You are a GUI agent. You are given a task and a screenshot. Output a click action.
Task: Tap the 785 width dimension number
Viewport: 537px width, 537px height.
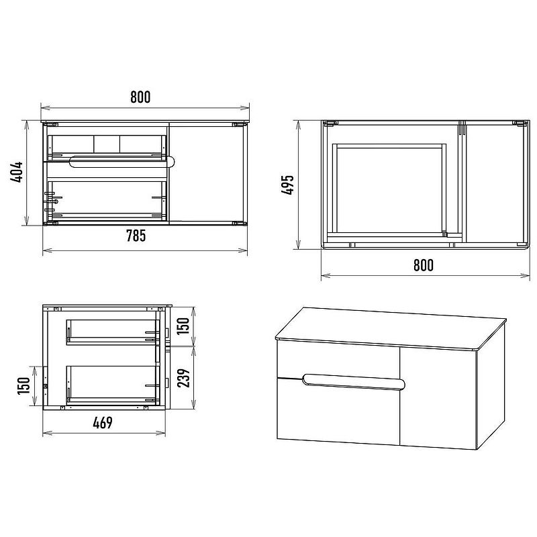pyautogui.click(x=136, y=236)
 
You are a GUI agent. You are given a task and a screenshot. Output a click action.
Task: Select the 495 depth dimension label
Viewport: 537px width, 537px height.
pyautogui.click(x=288, y=185)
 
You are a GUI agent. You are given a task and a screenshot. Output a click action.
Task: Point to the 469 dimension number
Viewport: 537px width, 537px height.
pyautogui.click(x=103, y=423)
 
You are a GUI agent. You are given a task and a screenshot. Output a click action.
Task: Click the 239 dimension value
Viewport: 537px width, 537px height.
pyautogui.click(x=184, y=378)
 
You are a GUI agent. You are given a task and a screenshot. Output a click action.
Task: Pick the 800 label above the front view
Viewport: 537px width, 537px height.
pyautogui.click(x=140, y=97)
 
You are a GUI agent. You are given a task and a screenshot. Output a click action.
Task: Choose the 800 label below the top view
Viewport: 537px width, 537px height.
pyautogui.click(x=424, y=265)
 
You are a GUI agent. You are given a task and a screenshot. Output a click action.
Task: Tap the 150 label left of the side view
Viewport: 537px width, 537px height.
pyautogui.click(x=24, y=386)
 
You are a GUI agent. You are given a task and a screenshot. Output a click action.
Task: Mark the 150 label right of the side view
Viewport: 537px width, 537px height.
pyautogui.click(x=184, y=326)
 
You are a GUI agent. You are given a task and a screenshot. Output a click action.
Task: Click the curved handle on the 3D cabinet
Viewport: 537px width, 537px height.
pyautogui.click(x=354, y=382)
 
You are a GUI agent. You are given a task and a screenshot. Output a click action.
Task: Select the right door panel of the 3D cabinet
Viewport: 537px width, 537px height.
pyautogui.click(x=438, y=397)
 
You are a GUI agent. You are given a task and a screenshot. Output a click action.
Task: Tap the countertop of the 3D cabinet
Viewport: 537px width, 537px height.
pyautogui.click(x=391, y=328)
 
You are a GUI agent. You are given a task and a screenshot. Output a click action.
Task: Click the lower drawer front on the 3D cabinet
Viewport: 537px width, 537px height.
pyautogui.click(x=338, y=411)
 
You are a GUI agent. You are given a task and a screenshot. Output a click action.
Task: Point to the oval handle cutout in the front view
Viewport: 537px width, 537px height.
pyautogui.click(x=122, y=161)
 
